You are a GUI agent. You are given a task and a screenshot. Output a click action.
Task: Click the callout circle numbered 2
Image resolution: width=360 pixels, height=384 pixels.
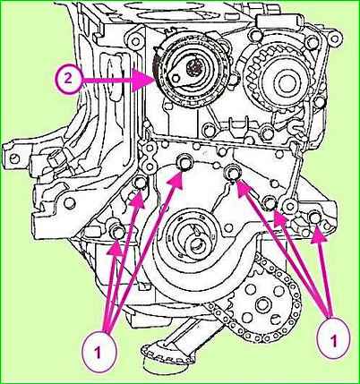(x=68, y=80)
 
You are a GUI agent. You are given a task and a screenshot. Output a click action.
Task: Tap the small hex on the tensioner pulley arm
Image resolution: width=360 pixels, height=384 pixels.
(x=176, y=78)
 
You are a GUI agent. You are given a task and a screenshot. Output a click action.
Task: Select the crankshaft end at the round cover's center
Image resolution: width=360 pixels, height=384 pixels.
(x=194, y=244)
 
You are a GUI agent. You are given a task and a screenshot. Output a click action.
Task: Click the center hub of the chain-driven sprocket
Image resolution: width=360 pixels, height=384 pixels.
(x=262, y=304)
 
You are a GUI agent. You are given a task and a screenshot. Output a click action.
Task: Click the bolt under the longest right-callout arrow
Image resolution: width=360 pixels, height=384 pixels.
(x=232, y=172)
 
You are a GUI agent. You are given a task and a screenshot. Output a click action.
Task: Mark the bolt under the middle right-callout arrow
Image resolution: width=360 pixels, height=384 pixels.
(x=270, y=203)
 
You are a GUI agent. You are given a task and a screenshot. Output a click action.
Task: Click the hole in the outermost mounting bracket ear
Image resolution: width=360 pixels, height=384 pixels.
(x=14, y=158)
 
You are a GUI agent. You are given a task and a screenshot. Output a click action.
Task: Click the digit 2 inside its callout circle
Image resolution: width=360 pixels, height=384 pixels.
(x=68, y=80)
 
